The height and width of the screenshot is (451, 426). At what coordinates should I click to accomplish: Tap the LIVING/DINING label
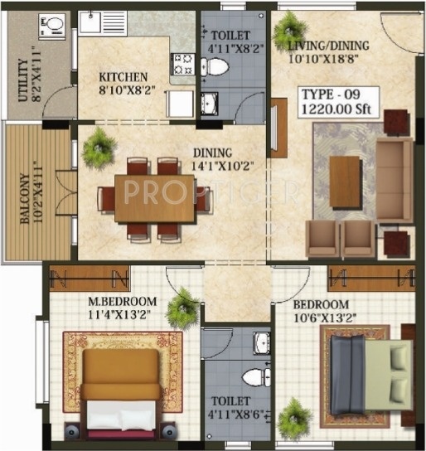[329, 45]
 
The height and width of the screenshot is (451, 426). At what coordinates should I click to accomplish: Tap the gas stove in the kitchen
[182, 63]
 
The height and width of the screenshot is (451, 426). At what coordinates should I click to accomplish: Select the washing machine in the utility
[51, 29]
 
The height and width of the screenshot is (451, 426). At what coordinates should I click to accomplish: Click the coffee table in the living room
[345, 181]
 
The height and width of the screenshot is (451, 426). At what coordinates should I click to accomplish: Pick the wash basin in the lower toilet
[262, 342]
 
